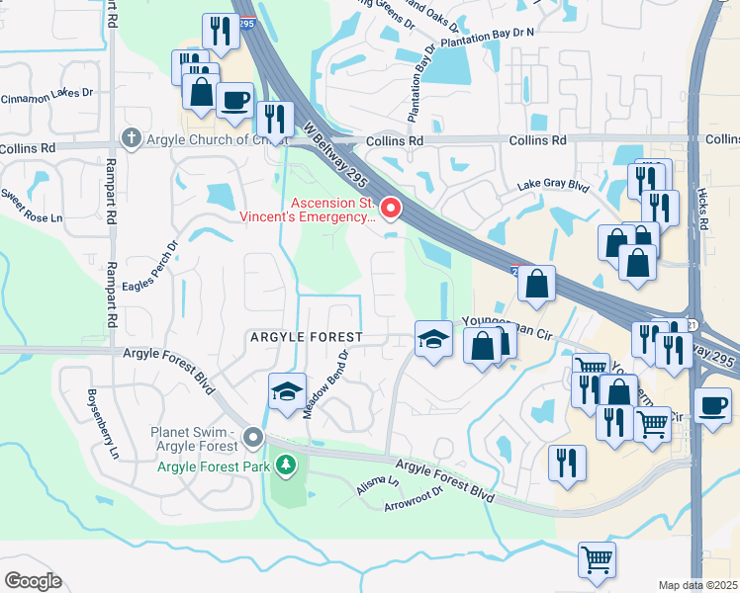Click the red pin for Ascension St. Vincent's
click(391, 208)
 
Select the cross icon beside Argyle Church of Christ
click(131, 137)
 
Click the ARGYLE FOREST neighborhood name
click(306, 337)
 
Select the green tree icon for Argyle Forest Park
click(286, 464)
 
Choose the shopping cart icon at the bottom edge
click(597, 559)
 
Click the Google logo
click(33, 581)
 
